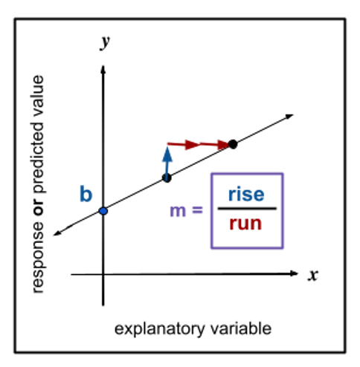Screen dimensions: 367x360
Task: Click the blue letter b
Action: [86, 195]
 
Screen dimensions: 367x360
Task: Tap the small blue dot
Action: [103, 211]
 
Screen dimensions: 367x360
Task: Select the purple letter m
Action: [178, 212]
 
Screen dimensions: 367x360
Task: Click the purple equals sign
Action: [197, 210]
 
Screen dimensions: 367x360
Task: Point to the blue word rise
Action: [246, 195]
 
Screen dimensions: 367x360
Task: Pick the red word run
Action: [245, 224]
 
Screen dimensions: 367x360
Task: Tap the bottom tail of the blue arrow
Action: [166, 178]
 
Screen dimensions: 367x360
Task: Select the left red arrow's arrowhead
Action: [191, 144]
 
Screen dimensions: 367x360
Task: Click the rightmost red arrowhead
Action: [222, 144]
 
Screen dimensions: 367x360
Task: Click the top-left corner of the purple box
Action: [212, 175]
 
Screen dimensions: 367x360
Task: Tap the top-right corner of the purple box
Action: [283, 175]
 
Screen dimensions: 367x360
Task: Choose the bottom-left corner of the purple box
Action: [212, 247]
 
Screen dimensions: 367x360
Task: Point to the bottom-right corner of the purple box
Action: [283, 247]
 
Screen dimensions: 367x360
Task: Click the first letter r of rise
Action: [232, 195]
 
